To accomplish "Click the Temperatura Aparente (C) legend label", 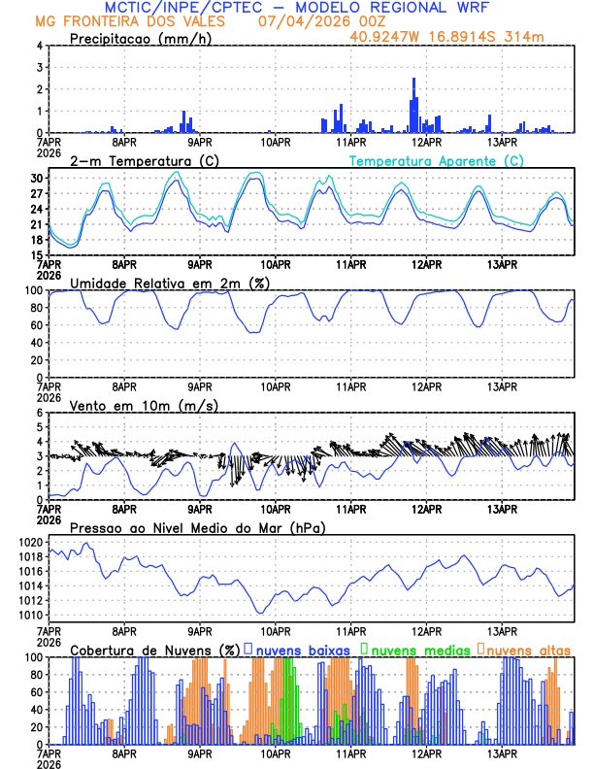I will (x=436, y=160).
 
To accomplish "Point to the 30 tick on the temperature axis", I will (x=37, y=179).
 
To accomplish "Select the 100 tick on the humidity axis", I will (x=34, y=290).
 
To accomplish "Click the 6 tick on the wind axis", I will (x=40, y=413).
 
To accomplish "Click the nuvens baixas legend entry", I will (x=301, y=649).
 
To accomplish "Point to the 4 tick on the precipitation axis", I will (x=40, y=46).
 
